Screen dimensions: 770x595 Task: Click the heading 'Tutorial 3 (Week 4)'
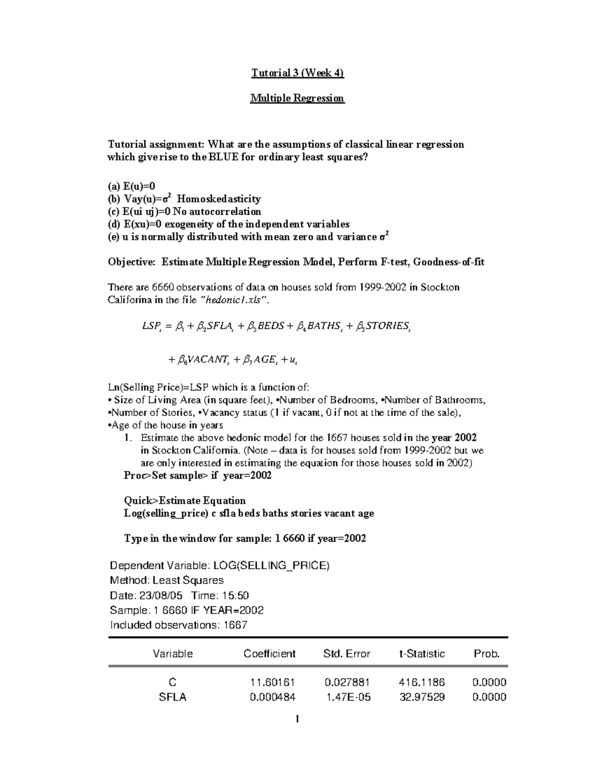pyautogui.click(x=297, y=73)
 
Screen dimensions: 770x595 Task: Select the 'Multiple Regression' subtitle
pyautogui.click(x=297, y=98)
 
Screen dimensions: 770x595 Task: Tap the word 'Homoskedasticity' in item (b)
pyautogui.click(x=219, y=199)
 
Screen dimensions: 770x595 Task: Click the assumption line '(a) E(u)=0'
pyautogui.click(x=131, y=186)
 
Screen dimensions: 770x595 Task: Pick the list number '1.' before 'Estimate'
pyautogui.click(x=128, y=438)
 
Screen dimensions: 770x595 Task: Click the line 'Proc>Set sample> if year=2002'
pyautogui.click(x=197, y=476)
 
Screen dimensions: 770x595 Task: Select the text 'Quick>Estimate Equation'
pyautogui.click(x=184, y=501)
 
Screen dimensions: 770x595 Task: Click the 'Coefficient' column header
pyautogui.click(x=269, y=654)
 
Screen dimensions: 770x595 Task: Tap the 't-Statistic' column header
pyautogui.click(x=422, y=654)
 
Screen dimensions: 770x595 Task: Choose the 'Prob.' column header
pyautogui.click(x=487, y=654)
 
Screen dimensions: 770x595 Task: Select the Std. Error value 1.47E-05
pyautogui.click(x=348, y=698)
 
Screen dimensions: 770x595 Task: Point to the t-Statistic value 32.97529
pyautogui.click(x=422, y=698)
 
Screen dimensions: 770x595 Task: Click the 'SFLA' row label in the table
pyautogui.click(x=173, y=698)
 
